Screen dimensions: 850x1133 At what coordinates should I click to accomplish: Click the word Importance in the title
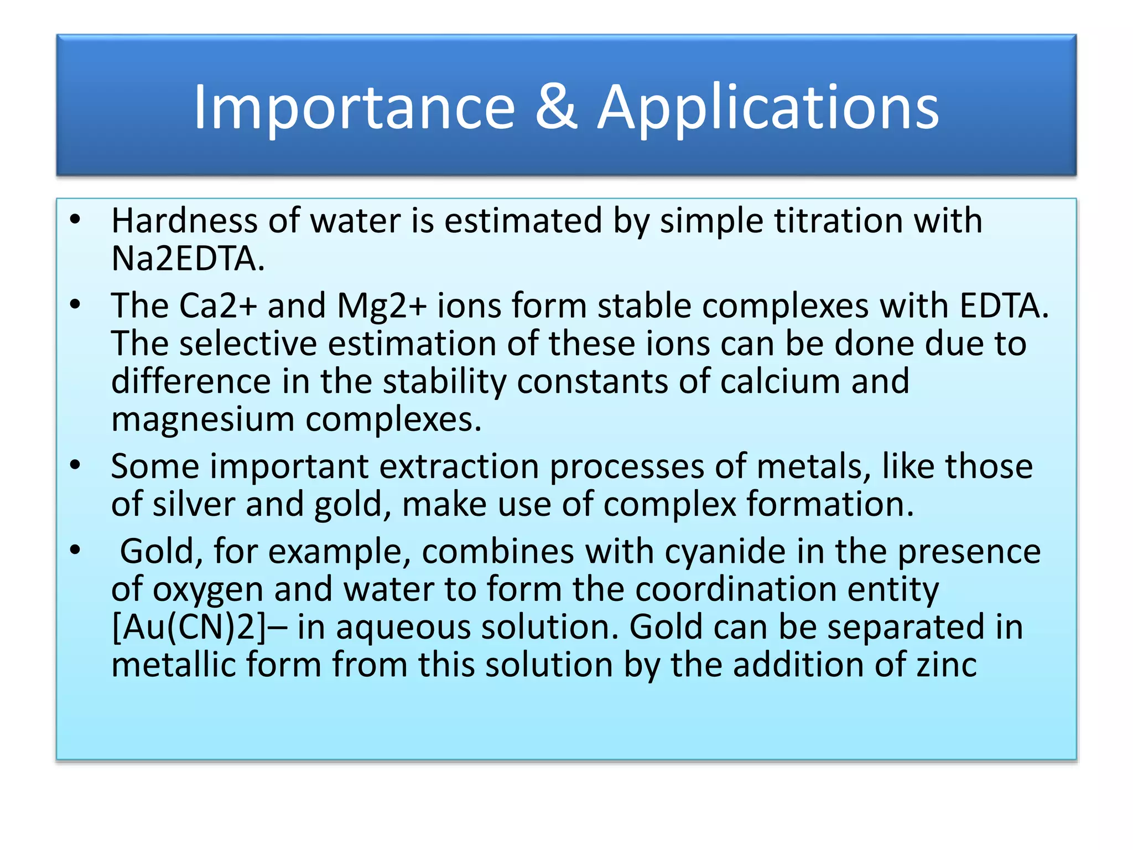pyautogui.click(x=354, y=108)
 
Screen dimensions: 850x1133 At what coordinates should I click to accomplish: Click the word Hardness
pyautogui.click(x=184, y=221)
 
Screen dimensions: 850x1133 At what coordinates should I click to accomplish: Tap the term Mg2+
pyautogui.click(x=382, y=307)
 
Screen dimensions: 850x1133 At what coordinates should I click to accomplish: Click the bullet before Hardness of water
pyautogui.click(x=75, y=220)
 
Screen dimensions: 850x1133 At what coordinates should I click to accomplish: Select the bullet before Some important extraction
pyautogui.click(x=75, y=465)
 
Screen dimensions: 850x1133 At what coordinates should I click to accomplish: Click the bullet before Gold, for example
pyautogui.click(x=75, y=551)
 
